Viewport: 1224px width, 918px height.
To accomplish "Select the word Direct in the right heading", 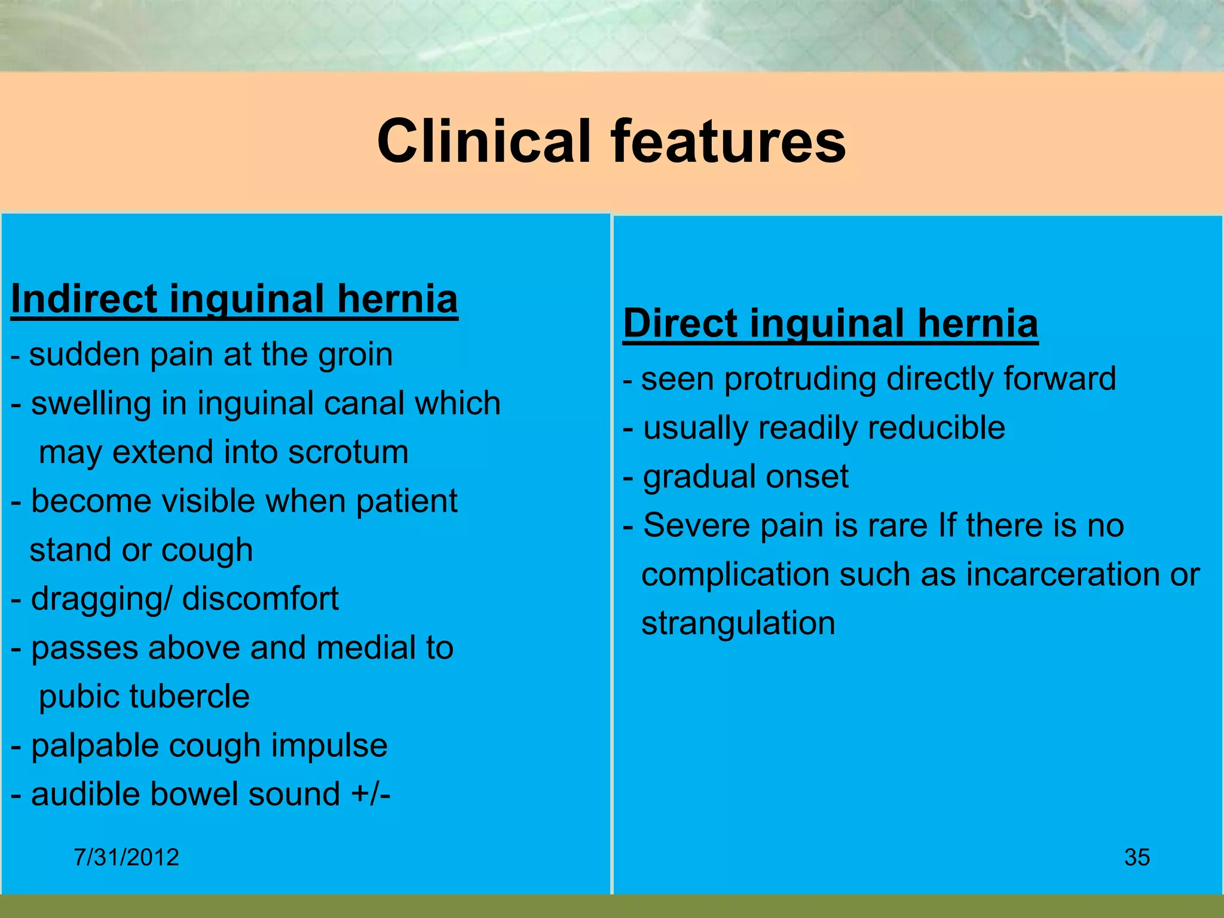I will pyautogui.click(x=680, y=323).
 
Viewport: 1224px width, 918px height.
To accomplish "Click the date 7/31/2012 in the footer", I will pyautogui.click(x=126, y=857).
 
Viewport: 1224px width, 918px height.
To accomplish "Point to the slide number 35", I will pyautogui.click(x=1137, y=857).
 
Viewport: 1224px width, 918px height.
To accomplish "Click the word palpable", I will pyautogui.click(x=95, y=746).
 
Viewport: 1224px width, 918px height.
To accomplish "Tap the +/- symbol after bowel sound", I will pyautogui.click(x=371, y=794).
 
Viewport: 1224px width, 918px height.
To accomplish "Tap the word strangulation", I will pyautogui.click(x=738, y=623).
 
